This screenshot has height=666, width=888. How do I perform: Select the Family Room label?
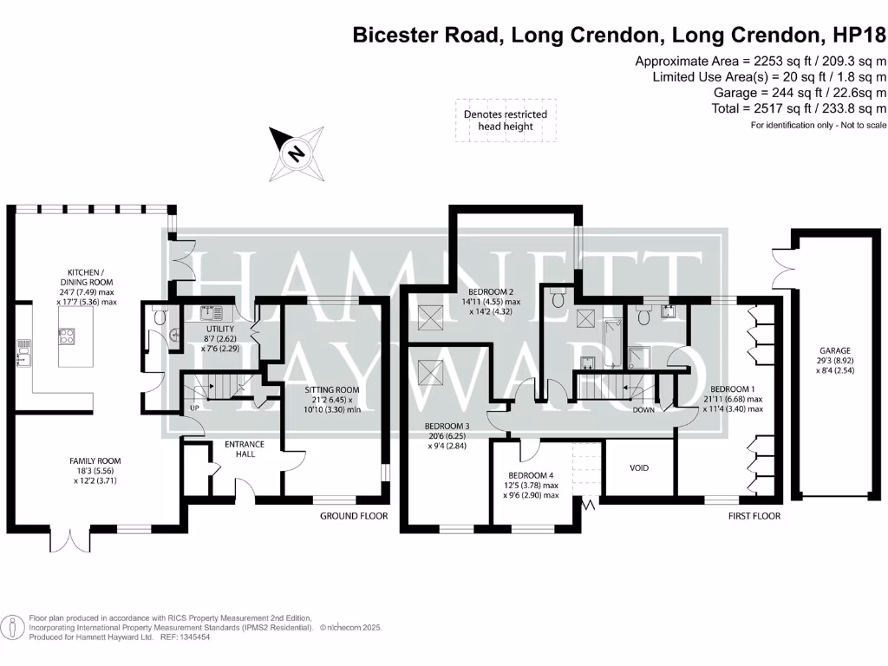tap(95, 461)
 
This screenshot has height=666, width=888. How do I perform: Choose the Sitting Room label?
tap(331, 390)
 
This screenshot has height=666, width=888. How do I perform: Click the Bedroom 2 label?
tap(492, 291)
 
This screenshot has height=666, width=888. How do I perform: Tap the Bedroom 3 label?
tap(447, 426)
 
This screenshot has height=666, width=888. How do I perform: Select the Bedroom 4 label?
tap(530, 475)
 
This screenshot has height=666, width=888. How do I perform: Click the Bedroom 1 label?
tap(733, 389)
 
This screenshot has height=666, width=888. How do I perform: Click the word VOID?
tap(638, 468)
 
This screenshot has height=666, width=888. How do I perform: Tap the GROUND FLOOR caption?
tap(354, 516)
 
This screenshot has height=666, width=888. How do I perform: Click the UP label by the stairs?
tap(195, 408)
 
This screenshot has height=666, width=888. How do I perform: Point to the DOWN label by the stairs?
tap(643, 410)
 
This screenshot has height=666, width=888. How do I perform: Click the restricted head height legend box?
tap(506, 121)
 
